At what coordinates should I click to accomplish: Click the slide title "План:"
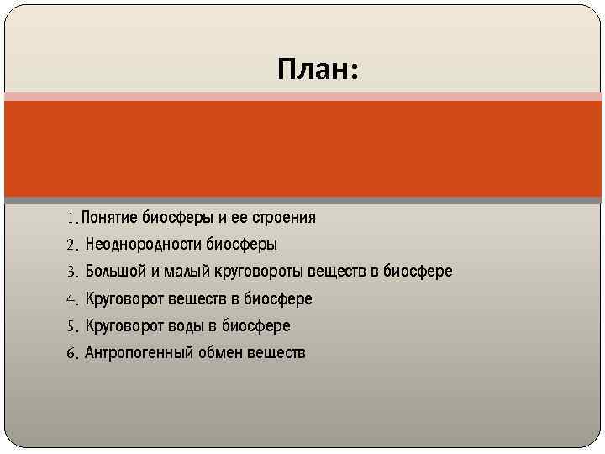(x=318, y=69)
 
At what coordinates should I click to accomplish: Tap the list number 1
(x=71, y=219)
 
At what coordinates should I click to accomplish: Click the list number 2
(x=71, y=245)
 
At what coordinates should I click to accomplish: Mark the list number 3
(x=71, y=272)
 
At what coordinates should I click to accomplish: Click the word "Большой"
(x=116, y=272)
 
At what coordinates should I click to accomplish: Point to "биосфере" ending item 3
(x=418, y=272)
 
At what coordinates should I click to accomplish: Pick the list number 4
(x=71, y=299)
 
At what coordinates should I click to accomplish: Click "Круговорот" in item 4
(x=124, y=298)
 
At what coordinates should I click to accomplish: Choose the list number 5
(x=71, y=326)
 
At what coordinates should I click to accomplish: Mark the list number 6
(x=71, y=353)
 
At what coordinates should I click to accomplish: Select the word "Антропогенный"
(x=139, y=352)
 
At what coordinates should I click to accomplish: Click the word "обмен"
(x=220, y=352)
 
